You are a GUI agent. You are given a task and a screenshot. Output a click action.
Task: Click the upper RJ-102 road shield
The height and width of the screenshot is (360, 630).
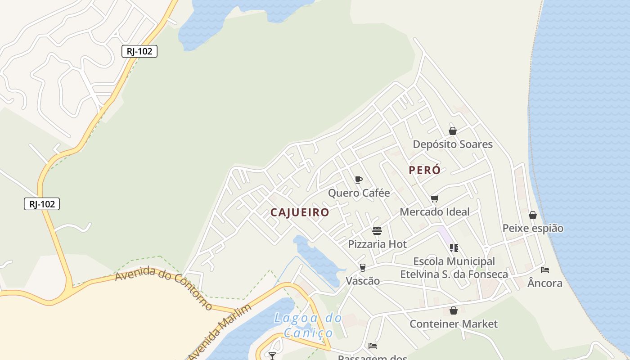pyautogui.click(x=139, y=51)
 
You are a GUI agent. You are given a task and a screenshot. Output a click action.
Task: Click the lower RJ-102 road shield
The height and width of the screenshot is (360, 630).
pyautogui.click(x=42, y=204)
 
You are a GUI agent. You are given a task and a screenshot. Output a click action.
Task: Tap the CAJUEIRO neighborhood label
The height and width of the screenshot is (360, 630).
pyautogui.click(x=300, y=212)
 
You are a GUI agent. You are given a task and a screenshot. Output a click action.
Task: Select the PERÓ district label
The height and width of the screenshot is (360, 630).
pyautogui.click(x=424, y=170)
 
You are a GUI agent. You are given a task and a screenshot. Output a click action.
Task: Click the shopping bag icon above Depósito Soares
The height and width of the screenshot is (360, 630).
pyautogui.click(x=453, y=131)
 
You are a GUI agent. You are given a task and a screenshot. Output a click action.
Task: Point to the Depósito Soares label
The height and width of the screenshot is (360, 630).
pyautogui.click(x=453, y=144)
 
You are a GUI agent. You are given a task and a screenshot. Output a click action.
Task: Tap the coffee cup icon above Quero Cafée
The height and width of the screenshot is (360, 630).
pyautogui.click(x=359, y=180)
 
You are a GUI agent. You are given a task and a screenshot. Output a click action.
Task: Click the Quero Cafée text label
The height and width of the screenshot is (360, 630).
pyautogui.click(x=359, y=193)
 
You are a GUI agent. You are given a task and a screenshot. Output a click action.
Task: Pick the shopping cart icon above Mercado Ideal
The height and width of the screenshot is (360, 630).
pyautogui.click(x=434, y=198)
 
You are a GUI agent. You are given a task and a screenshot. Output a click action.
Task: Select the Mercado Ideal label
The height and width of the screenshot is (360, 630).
pyautogui.click(x=434, y=211)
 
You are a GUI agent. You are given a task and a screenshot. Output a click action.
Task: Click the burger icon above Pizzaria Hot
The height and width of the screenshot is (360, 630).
pyautogui.click(x=377, y=231)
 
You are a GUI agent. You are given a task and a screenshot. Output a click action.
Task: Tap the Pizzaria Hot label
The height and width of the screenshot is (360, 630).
pyautogui.click(x=377, y=244)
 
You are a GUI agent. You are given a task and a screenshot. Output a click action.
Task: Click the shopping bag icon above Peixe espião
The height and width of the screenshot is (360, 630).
pyautogui.click(x=533, y=215)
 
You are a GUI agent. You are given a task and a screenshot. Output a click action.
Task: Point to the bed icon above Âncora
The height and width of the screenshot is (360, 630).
pyautogui.click(x=545, y=270)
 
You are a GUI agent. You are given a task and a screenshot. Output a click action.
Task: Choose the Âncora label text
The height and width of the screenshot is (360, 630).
pyautogui.click(x=545, y=283)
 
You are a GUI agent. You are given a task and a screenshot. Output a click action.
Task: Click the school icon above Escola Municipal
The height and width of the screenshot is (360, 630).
pyautogui.click(x=454, y=247)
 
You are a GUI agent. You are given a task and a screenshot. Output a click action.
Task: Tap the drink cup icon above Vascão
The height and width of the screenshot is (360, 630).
pyautogui.click(x=362, y=268)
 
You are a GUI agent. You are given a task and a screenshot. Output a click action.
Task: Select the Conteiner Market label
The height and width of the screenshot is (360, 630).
pyautogui.click(x=454, y=324)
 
